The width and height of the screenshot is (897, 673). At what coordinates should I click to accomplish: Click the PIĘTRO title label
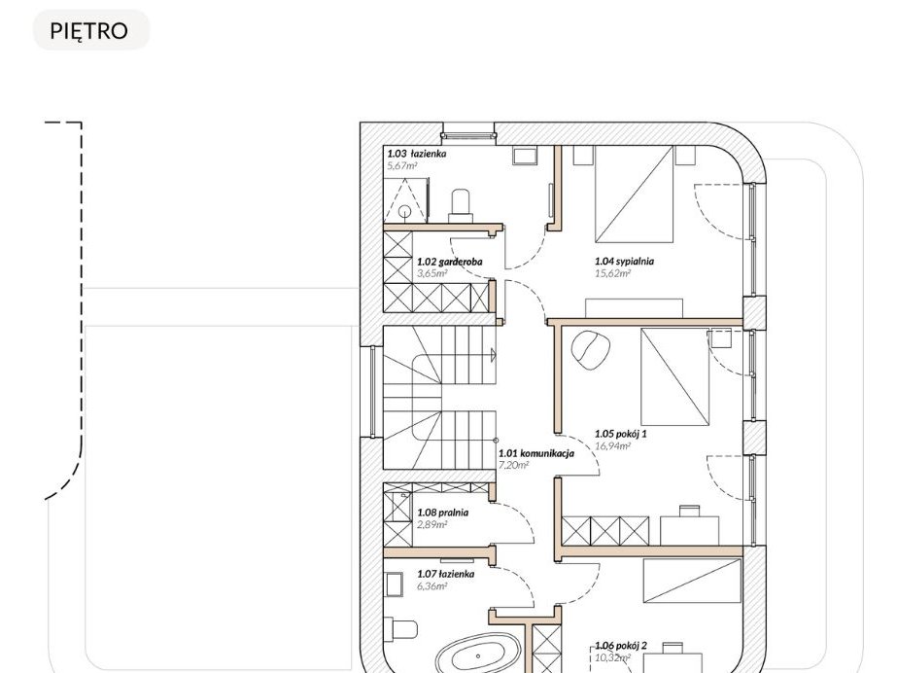88,31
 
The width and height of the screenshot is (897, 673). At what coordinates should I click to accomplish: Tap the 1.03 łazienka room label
417,154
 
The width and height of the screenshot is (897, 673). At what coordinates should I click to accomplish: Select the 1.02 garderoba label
449,262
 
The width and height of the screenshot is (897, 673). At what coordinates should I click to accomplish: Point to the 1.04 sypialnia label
624,261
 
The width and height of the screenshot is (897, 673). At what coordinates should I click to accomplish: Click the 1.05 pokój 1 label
621,434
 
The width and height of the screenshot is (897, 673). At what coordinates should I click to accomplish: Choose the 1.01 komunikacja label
536,453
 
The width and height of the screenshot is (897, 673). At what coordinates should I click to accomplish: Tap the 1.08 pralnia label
443,513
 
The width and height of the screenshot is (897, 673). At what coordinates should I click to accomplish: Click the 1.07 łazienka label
446,574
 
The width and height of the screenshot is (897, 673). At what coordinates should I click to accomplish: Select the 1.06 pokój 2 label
621,646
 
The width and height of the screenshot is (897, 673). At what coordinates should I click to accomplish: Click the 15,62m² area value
612,273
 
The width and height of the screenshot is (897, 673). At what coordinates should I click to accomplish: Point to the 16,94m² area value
612,446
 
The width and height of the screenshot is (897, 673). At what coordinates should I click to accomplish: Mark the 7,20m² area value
514,465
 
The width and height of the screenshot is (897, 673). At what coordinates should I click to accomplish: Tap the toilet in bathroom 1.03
461,205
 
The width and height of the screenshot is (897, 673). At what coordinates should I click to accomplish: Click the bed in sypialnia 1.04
634,194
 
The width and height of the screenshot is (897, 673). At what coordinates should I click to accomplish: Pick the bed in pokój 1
675,376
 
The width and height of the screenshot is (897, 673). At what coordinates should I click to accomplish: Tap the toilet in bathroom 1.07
402,631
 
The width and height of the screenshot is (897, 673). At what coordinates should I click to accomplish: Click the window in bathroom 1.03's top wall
468,135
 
